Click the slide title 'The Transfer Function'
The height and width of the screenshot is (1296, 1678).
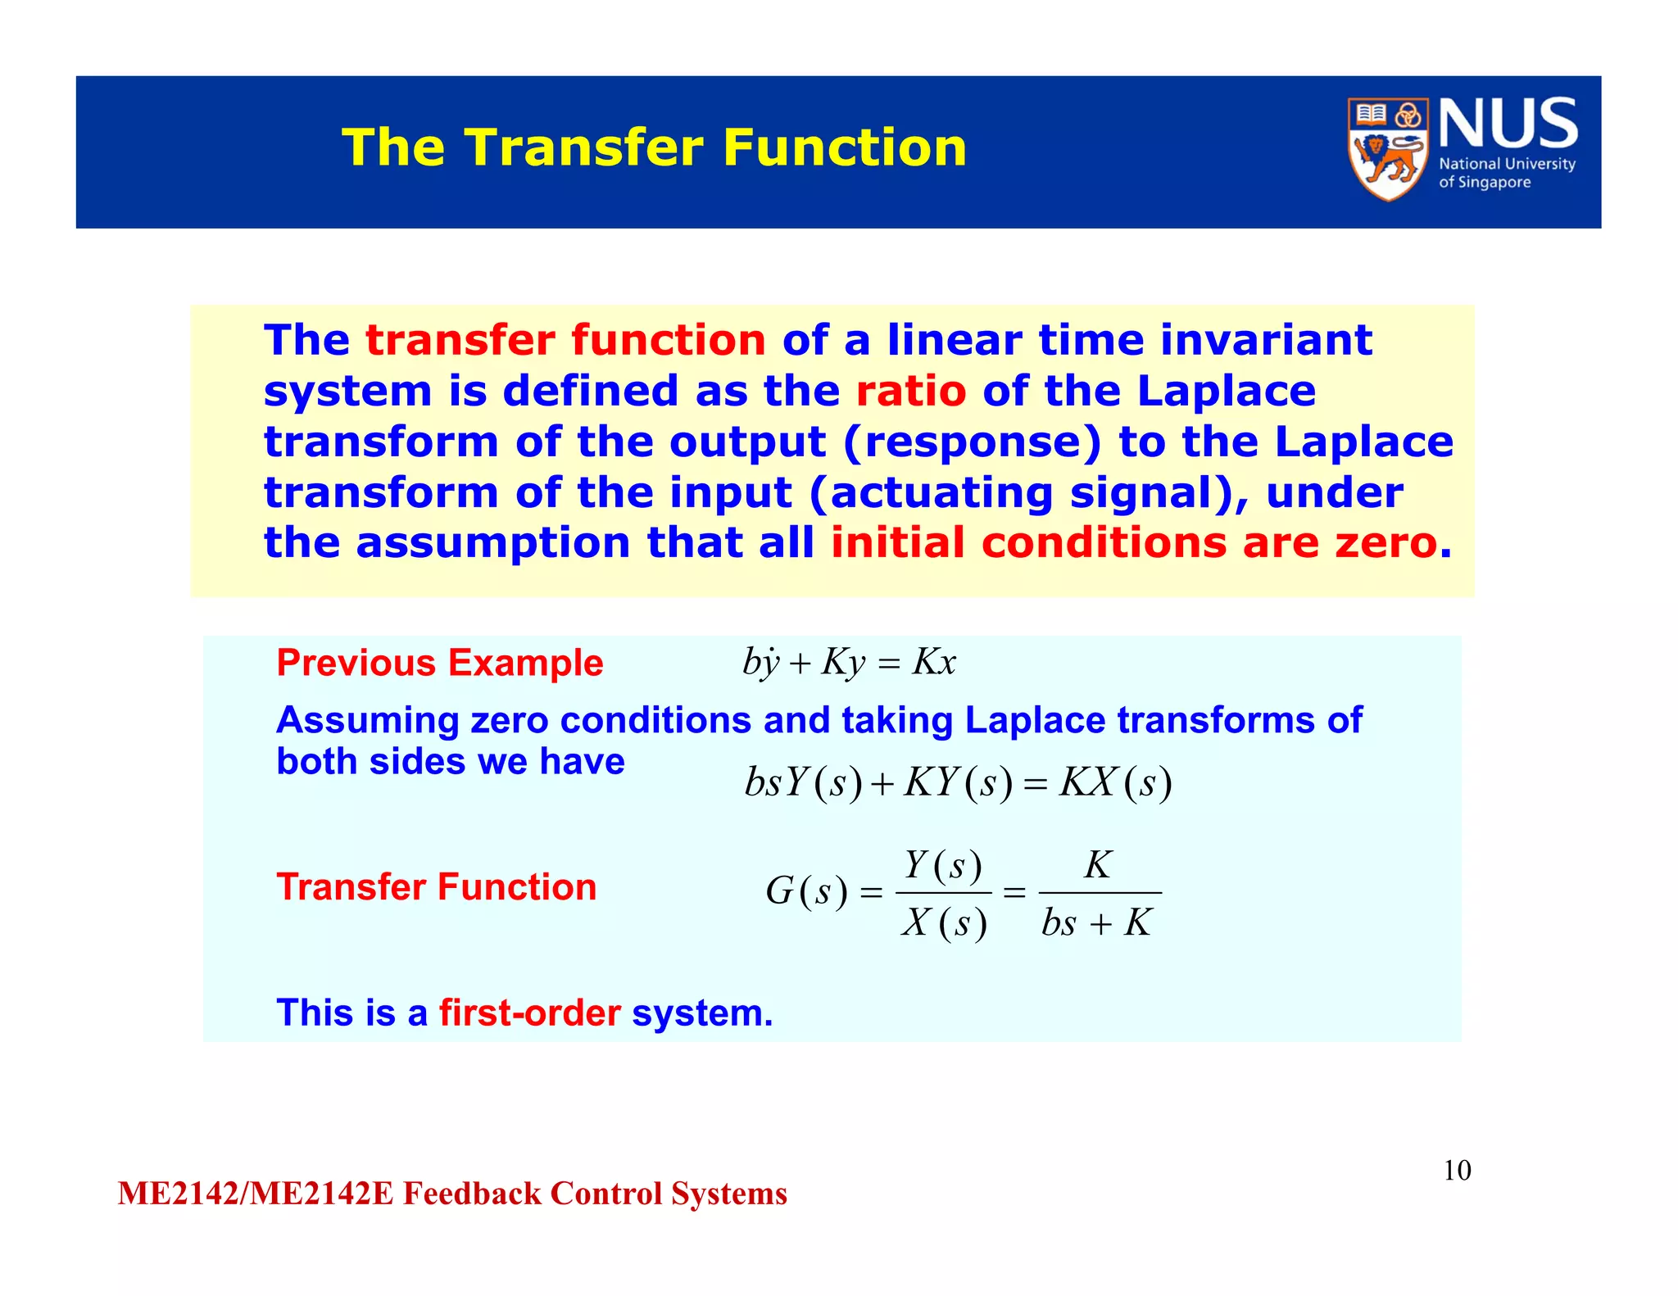pos(654,147)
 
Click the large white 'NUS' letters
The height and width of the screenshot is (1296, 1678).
pos(1508,124)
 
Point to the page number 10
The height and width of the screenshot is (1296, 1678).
pos(1457,1171)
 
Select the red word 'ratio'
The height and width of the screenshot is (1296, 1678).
pos(910,391)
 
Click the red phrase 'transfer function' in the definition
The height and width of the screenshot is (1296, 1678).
pos(565,340)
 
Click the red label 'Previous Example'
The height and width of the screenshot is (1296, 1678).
pos(440,663)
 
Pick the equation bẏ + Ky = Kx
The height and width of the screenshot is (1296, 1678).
pos(849,662)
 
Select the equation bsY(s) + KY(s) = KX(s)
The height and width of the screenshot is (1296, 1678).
pos(958,782)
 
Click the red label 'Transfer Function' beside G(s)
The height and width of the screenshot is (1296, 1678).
pos(437,887)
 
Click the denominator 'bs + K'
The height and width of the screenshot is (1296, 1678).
pos(1097,923)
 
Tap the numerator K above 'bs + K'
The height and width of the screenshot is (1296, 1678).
pos(1098,865)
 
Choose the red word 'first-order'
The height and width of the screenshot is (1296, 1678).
pos(529,1013)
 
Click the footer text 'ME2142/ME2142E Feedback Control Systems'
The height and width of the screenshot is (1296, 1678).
pos(452,1194)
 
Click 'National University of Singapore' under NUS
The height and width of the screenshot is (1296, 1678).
pos(1506,173)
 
